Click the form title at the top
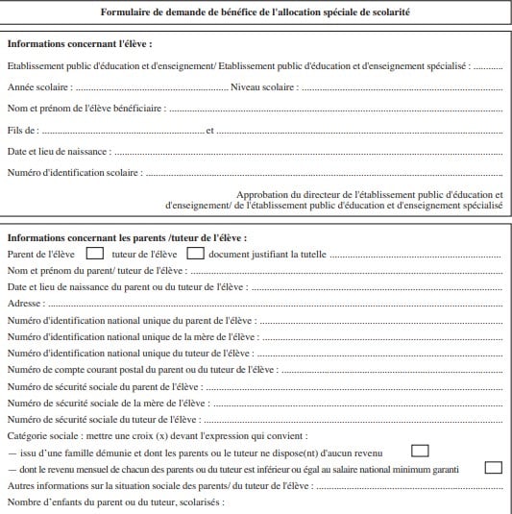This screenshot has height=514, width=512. [x=255, y=13]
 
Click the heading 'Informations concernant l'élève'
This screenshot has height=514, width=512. [x=80, y=45]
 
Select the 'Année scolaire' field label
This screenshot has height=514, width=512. [x=37, y=87]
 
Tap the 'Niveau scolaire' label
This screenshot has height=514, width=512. [x=264, y=87]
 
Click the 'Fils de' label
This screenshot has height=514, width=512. [x=23, y=130]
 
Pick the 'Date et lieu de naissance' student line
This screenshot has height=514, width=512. [x=58, y=152]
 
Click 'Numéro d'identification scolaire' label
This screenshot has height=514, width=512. [x=74, y=173]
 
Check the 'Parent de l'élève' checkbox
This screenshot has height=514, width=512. [x=95, y=255]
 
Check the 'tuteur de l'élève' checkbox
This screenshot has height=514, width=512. [x=195, y=255]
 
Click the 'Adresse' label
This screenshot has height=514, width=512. [x=26, y=304]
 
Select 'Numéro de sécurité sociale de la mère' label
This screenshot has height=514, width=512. [x=107, y=404]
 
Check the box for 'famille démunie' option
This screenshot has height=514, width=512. [x=419, y=451]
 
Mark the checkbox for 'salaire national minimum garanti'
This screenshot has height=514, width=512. [x=494, y=468]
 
